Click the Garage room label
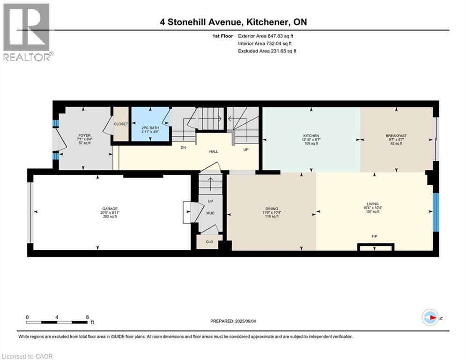pos(110,209)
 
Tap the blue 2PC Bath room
pos(150,124)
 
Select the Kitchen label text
pos(311,135)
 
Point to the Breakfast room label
pos(396,135)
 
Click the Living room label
pos(373,204)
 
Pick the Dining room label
pos(272,209)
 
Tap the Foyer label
pos(84,135)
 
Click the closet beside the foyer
pos(121,124)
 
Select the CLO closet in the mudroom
pos(209,242)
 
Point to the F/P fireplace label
pos(375,237)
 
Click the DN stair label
pos(184,148)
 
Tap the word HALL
pos(214,151)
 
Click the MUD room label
pos(210,213)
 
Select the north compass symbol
pos(430,317)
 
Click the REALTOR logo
pos(27,32)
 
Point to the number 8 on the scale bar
pos(88,317)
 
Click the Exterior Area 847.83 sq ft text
pos(266,36)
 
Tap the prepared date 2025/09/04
pos(245,321)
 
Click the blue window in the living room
pos(436,212)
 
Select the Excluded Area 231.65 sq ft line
pos(267,51)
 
